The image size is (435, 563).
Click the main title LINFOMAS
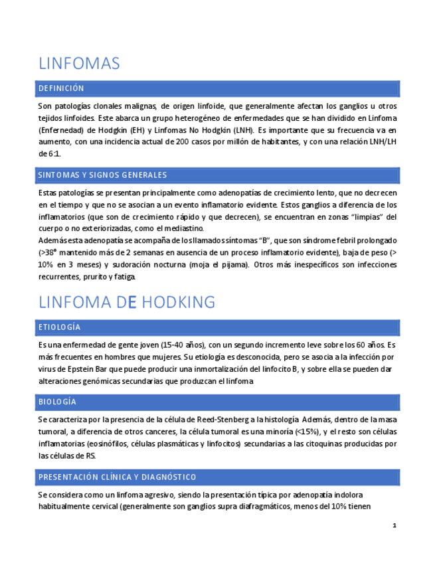point(79,64)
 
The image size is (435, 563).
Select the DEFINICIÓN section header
point(62,88)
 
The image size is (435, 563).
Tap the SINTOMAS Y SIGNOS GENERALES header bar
point(103,175)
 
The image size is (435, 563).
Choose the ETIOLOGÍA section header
point(60,327)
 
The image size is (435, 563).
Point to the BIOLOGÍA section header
point(58,402)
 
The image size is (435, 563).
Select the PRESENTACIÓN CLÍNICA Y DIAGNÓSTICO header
point(118,477)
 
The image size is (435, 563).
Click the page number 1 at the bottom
point(394,526)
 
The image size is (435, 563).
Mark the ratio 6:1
point(54,154)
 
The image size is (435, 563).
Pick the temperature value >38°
point(51,252)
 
